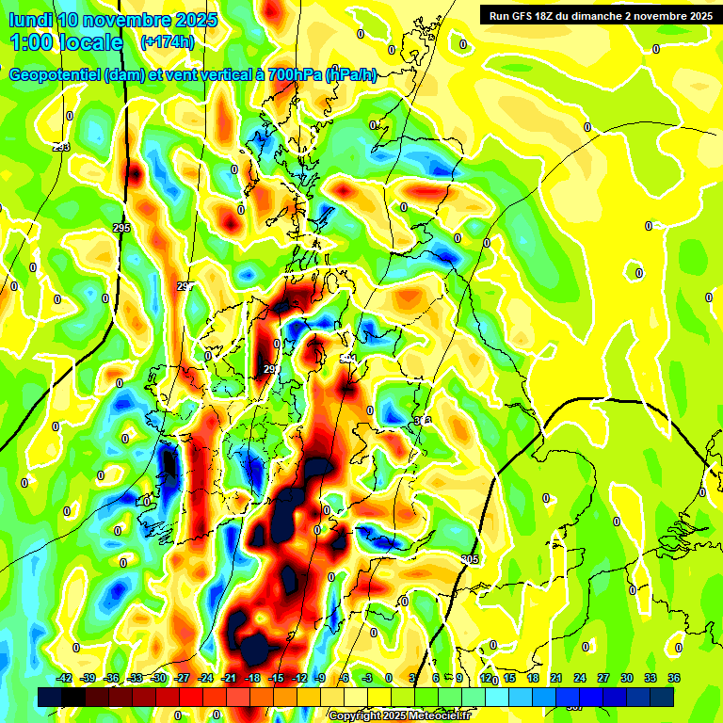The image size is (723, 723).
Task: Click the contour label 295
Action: click(121, 228)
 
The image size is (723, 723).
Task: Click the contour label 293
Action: click(61, 147)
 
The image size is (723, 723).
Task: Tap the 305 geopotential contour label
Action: click(469, 560)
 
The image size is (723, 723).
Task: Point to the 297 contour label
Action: click(185, 286)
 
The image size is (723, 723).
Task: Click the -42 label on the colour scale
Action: click(65, 679)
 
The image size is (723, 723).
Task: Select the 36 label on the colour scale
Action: click(674, 679)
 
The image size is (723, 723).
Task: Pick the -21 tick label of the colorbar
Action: click(230, 679)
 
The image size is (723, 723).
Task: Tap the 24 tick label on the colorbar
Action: click(580, 679)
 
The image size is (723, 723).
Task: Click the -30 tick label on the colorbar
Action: click(159, 679)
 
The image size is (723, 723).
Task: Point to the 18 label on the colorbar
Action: click(533, 679)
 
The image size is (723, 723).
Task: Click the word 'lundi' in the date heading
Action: click(30, 20)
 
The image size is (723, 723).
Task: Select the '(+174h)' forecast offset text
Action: click(167, 42)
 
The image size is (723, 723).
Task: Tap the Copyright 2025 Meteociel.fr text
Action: click(399, 716)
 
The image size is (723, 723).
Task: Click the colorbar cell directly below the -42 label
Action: click(51, 697)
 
